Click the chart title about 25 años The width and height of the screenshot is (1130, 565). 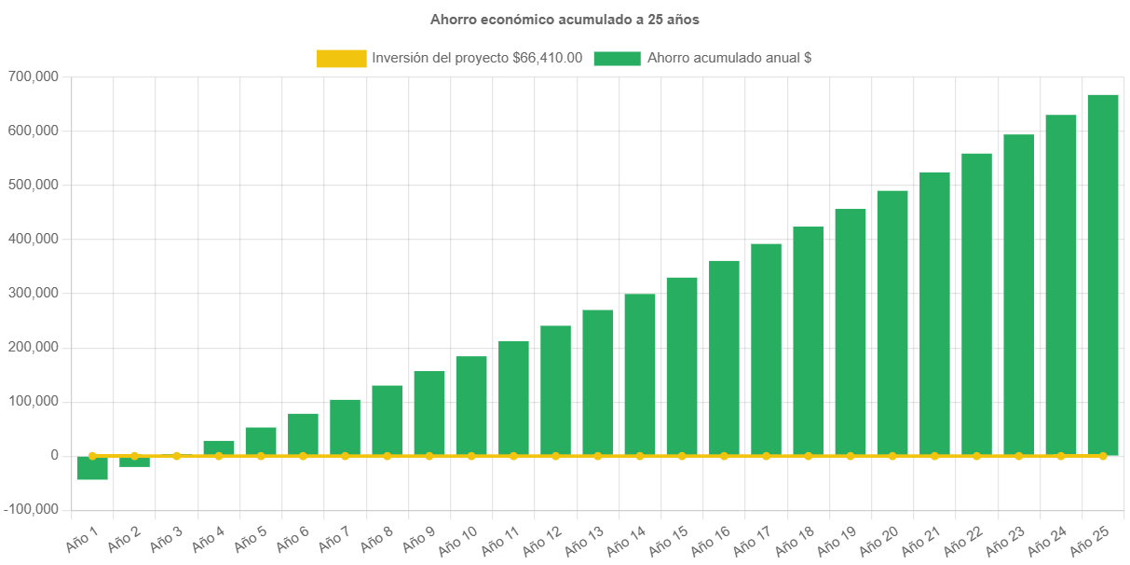[x=565, y=19]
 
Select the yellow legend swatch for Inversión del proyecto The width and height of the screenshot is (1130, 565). [x=341, y=58]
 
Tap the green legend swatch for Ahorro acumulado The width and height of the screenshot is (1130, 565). [x=617, y=58]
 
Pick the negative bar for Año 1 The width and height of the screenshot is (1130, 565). [x=92, y=468]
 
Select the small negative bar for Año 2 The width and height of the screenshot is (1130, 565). [x=134, y=462]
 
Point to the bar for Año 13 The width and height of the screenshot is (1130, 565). [x=598, y=382]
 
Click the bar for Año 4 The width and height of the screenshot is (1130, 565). [x=219, y=448]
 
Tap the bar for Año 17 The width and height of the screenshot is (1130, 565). [x=766, y=350]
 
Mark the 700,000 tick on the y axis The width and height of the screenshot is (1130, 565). [x=33, y=76]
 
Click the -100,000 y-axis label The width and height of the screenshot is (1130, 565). [x=31, y=509]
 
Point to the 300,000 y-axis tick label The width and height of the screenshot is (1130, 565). [x=33, y=293]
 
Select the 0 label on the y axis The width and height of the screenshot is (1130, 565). [x=55, y=455]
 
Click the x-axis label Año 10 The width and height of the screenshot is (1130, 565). [x=458, y=539]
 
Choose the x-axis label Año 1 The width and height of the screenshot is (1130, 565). [x=82, y=537]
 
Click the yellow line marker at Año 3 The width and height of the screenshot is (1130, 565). [x=176, y=456]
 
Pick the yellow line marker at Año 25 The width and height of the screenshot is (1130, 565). [x=1103, y=456]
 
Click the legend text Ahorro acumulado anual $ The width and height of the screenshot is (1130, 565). [x=728, y=58]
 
